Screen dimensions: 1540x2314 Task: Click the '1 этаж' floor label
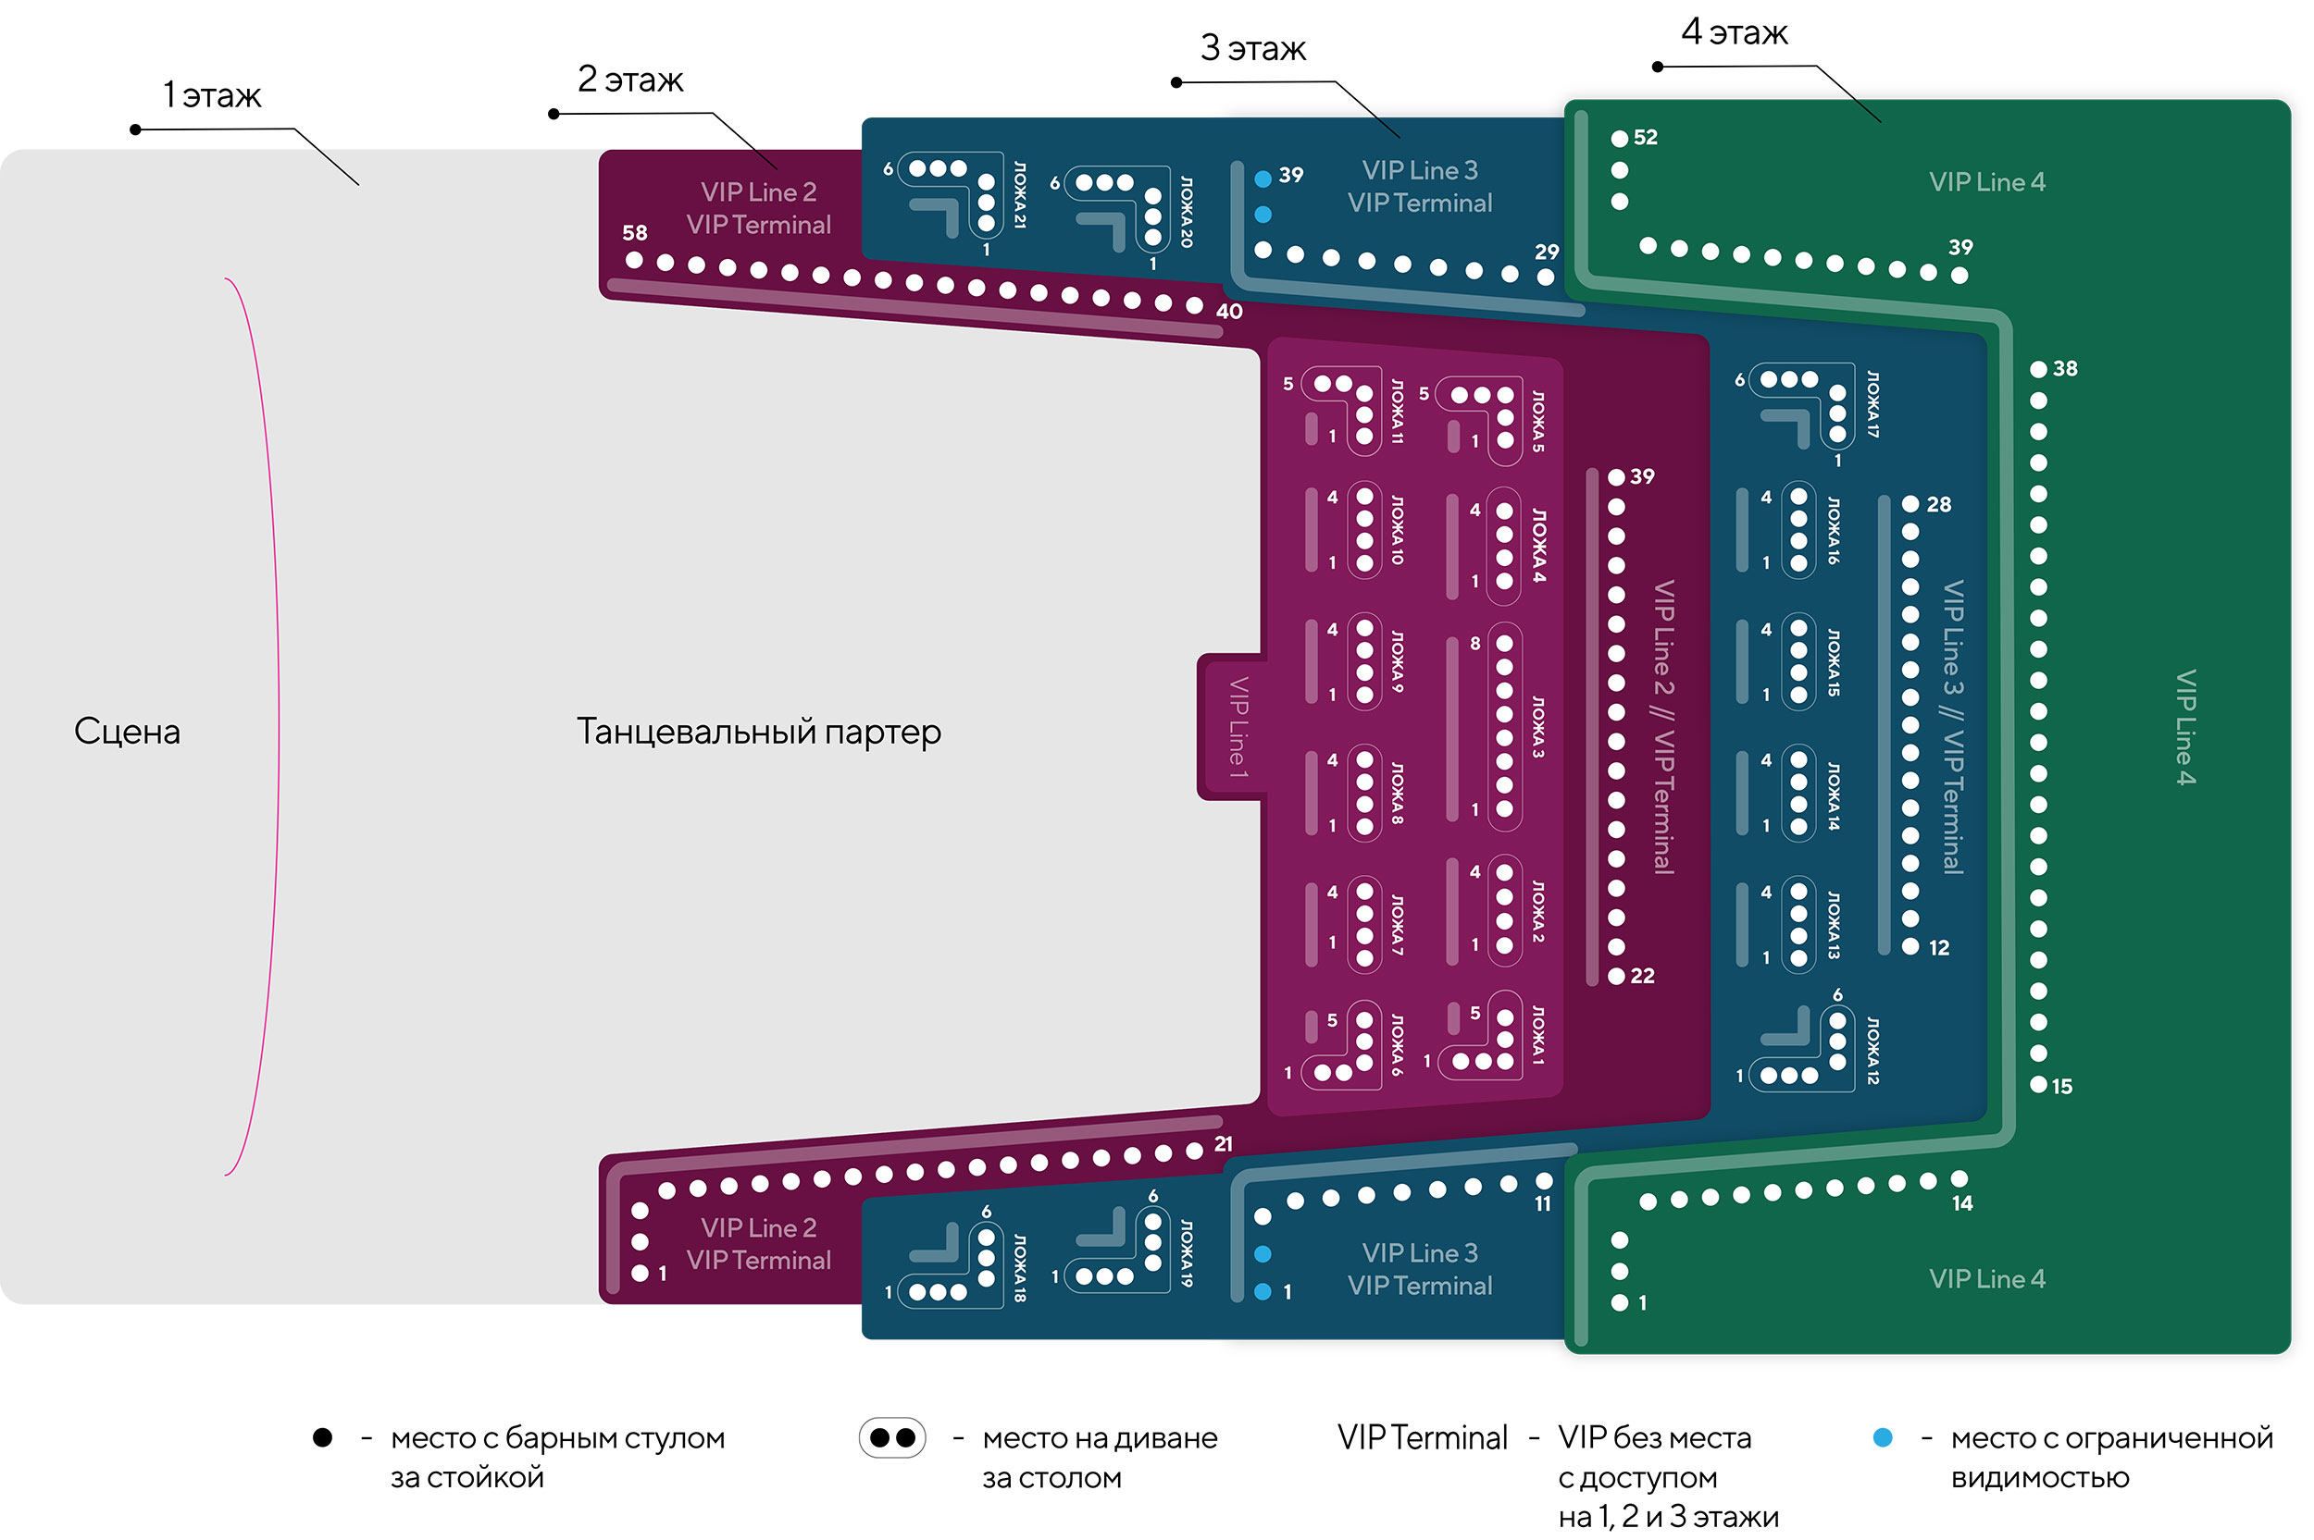[x=211, y=95]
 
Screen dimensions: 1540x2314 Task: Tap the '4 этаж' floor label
[x=1734, y=32]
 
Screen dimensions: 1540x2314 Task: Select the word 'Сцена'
[x=127, y=732]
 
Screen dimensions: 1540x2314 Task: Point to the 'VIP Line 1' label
[x=1238, y=728]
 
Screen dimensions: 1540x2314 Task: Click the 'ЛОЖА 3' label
[x=1537, y=727]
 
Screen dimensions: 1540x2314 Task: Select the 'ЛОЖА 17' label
[x=1872, y=403]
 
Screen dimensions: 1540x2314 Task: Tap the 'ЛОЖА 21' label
[x=1020, y=195]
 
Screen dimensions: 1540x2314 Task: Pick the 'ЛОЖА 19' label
[x=1186, y=1253]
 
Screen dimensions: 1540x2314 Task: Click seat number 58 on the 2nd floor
[x=635, y=260]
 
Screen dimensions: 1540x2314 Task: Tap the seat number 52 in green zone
[x=1619, y=139]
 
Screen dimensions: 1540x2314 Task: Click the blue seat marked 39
[x=1263, y=179]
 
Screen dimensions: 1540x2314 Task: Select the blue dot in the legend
[x=1882, y=1438]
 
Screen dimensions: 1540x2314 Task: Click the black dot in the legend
[x=322, y=1438]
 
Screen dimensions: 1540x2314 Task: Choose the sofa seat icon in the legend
[x=892, y=1438]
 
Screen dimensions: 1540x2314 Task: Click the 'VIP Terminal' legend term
[x=1421, y=1438]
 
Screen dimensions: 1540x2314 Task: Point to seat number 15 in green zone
[x=2039, y=1084]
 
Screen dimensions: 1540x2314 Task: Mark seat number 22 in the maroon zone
[x=1616, y=976]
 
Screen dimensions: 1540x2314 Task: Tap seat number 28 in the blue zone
[x=1910, y=504]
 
